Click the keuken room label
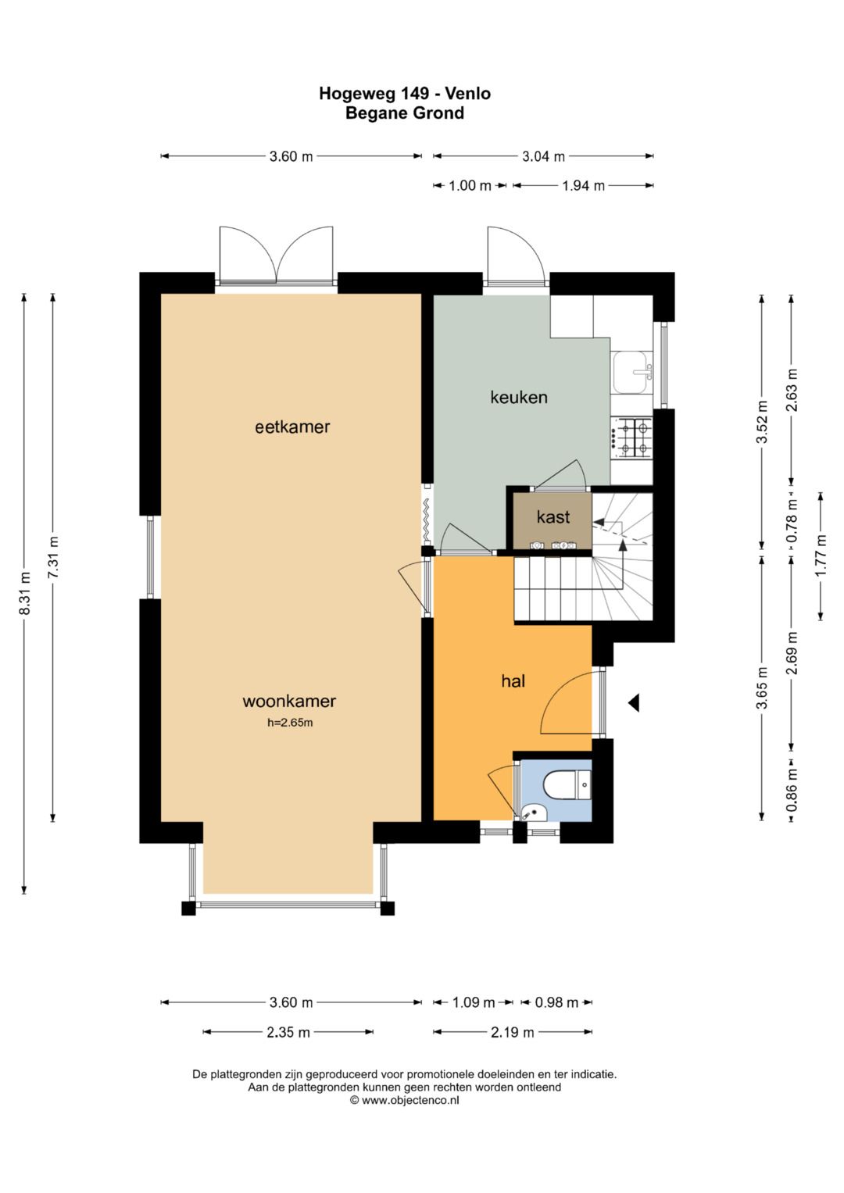coord(518,398)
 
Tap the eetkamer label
coord(292,427)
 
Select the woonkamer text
coord(289,701)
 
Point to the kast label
coord(553,516)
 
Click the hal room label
coord(513,681)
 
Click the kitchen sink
coord(632,372)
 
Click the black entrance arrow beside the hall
coord(633,703)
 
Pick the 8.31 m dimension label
coord(25,593)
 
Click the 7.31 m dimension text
coord(53,556)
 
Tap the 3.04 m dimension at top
coord(543,156)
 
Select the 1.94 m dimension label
coord(584,186)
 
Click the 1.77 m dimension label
coord(821,556)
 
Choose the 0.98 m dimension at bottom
coord(556,1003)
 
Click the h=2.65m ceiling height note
coord(290,723)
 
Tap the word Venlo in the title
coord(468,94)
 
